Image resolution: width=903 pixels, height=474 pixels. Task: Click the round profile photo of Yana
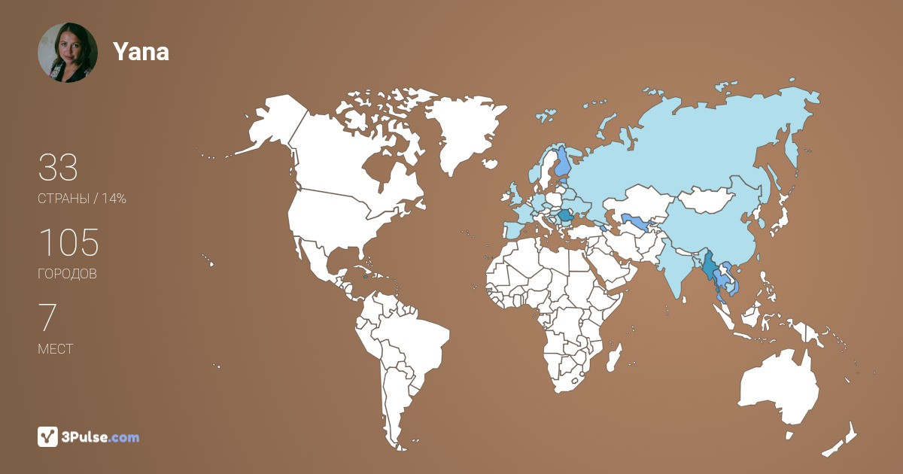(68, 53)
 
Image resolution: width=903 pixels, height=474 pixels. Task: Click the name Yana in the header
(141, 52)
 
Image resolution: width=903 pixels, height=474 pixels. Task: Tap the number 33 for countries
(58, 168)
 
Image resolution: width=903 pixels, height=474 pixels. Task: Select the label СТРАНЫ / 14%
(81, 199)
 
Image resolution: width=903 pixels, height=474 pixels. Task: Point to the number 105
(68, 243)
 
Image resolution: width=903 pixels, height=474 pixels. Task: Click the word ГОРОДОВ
(67, 274)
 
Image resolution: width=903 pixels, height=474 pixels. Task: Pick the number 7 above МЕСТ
(47, 318)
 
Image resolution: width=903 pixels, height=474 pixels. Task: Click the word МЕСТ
(55, 349)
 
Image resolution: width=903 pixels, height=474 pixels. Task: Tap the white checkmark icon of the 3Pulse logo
(48, 436)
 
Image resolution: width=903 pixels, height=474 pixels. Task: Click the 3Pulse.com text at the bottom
(101, 437)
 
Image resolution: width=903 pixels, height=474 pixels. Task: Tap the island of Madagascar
(613, 357)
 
